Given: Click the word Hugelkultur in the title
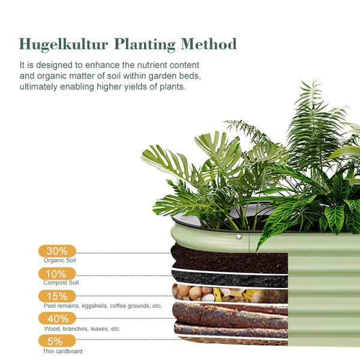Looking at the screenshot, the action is (x=64, y=44).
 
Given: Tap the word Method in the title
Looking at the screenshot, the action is (x=208, y=44).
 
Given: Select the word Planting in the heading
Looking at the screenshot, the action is (x=145, y=44).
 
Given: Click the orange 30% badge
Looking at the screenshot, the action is (x=57, y=251).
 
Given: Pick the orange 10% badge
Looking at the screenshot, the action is (x=57, y=274).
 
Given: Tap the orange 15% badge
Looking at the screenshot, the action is (x=57, y=296).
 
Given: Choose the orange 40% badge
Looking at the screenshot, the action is (x=57, y=319).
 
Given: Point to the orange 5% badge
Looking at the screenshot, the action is (x=57, y=341).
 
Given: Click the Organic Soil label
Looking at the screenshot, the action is (x=59, y=260).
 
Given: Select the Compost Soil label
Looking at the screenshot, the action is (x=61, y=283).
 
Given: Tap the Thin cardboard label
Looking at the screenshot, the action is (x=62, y=351).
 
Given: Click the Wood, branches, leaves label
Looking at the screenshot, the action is (x=77, y=329).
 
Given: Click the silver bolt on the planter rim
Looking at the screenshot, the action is (x=239, y=236).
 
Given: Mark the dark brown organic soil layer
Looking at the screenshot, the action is (x=230, y=259).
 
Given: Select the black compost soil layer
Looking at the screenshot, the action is (x=230, y=279).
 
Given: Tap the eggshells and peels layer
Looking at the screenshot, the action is (x=230, y=294).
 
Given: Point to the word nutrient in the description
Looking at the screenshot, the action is (x=152, y=65).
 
